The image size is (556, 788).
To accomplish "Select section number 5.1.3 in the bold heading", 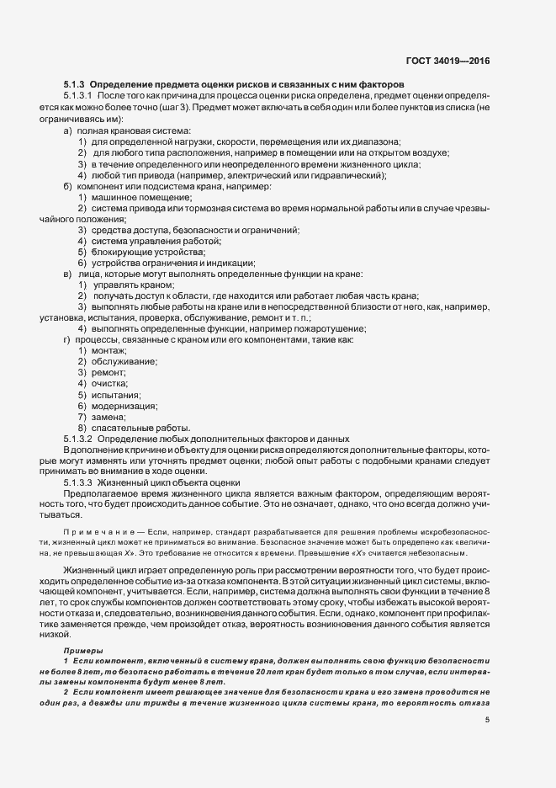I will [x=74, y=84].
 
